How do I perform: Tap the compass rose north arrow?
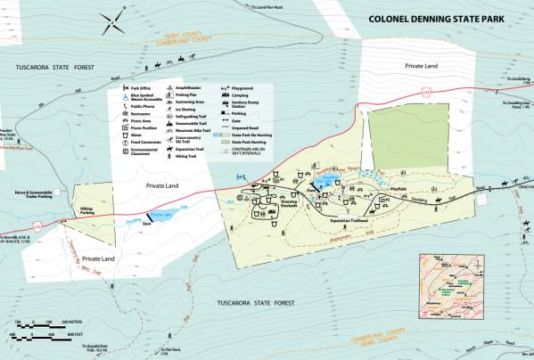113,17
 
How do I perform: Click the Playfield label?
397,189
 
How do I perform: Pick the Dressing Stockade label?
288,204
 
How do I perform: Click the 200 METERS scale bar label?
67,320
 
